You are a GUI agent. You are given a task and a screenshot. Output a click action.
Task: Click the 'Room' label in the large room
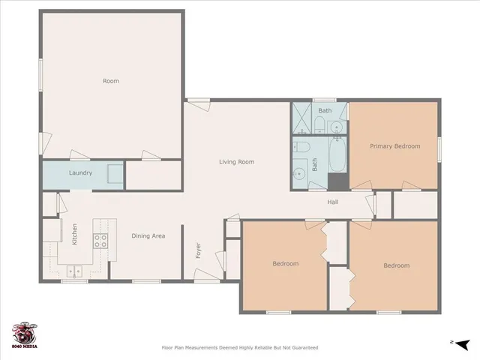tap(110, 81)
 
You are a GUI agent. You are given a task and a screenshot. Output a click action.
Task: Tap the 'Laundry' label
tap(80, 173)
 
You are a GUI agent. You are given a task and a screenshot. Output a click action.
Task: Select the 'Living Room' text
tap(236, 162)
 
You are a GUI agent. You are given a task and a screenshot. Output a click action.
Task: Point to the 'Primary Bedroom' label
tap(394, 146)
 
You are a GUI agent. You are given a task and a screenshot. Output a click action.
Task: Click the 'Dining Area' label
tap(148, 236)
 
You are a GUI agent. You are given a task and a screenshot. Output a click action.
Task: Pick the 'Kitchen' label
tap(74, 235)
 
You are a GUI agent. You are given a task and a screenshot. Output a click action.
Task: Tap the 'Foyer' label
tap(199, 250)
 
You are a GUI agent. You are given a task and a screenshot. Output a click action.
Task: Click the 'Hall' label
tap(333, 202)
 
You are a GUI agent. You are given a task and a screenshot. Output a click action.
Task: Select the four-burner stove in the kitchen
tap(100, 241)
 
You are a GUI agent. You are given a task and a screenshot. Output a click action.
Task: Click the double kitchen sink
tap(74, 271)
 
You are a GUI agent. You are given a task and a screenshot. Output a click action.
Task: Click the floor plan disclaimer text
tap(240, 347)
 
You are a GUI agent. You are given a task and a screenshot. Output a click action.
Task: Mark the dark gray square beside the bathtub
tap(338, 181)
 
